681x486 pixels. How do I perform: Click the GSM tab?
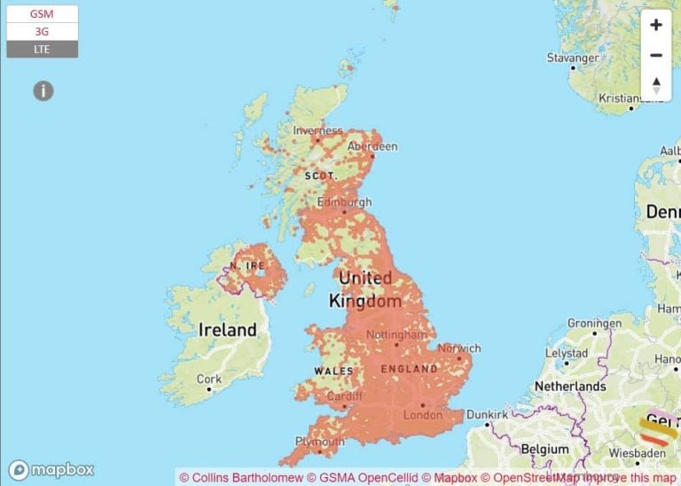[x=42, y=14]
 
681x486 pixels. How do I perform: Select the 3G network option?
[x=42, y=31]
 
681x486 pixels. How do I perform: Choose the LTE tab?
[x=42, y=49]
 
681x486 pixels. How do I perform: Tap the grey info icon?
[x=43, y=90]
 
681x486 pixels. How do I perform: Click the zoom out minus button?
[x=656, y=55]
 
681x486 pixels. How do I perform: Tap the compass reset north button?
[x=656, y=85]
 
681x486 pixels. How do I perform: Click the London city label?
[x=422, y=415]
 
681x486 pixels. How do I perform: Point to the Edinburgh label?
[x=344, y=202]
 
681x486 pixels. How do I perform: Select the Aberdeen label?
[x=372, y=146]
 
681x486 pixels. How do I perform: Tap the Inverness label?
[x=317, y=130]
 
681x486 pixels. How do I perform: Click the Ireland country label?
[x=227, y=330]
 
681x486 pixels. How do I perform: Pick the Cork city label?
[x=209, y=379]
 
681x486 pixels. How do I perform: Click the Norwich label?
[x=459, y=349]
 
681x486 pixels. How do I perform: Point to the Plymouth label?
[x=320, y=442]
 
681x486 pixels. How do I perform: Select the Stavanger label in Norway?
[x=573, y=59]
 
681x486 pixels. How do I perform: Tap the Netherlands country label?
[x=569, y=387]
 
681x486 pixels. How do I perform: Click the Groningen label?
[x=594, y=324]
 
